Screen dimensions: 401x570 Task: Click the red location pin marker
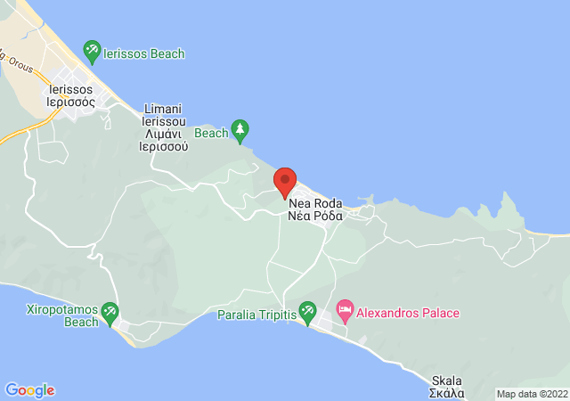(285, 181)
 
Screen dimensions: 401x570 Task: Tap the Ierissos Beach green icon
(92, 51)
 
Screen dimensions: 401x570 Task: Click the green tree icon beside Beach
(240, 130)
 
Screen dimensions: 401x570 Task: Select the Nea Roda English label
(316, 204)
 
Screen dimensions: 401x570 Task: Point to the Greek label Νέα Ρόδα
(316, 217)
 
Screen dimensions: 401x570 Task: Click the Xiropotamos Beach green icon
(110, 311)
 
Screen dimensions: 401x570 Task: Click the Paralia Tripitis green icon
(307, 312)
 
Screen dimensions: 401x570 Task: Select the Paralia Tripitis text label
(256, 315)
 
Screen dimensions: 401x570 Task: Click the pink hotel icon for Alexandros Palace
(344, 312)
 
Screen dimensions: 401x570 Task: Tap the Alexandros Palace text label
(408, 314)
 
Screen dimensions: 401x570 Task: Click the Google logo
(29, 390)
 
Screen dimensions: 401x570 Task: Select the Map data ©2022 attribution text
(531, 394)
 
